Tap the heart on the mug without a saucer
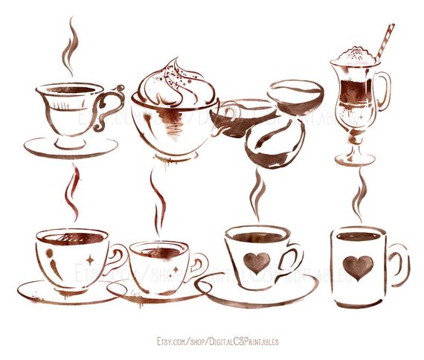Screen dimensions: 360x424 359,267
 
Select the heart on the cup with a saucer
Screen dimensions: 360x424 257,262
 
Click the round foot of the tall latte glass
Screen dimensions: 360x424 354,158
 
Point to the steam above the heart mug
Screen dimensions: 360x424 359,195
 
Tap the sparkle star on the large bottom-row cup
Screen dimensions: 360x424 90,261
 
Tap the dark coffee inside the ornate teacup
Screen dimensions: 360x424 71,90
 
